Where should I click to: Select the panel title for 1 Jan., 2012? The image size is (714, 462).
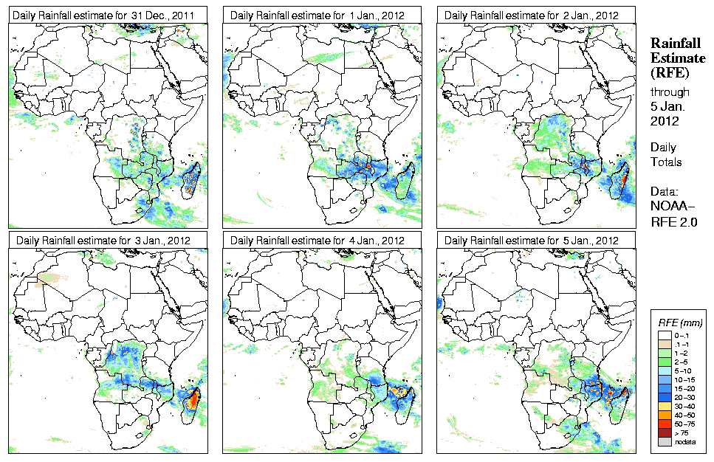pyautogui.click(x=318, y=15)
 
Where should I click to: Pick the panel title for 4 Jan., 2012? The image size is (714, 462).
pyautogui.click(x=318, y=241)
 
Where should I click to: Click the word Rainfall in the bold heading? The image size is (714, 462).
pyautogui.click(x=675, y=44)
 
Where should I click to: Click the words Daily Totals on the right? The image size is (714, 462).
pyautogui.click(x=666, y=154)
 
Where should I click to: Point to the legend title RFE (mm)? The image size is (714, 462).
pyautogui.click(x=680, y=323)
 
